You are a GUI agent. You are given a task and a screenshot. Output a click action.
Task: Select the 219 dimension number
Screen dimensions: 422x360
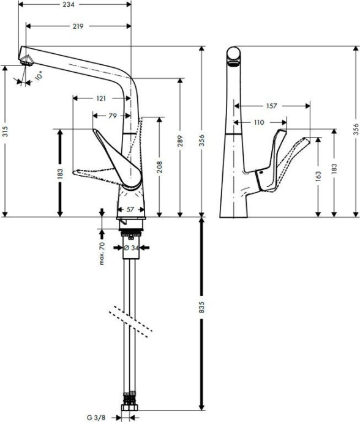point(77,26)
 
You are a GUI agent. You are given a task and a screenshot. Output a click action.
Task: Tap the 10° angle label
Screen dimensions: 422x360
point(39,77)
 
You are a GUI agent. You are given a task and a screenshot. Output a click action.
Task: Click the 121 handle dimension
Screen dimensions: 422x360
point(101,98)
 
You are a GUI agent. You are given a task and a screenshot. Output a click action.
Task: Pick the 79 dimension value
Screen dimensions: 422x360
point(112,115)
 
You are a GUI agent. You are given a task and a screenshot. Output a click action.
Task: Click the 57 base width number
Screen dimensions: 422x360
point(131,210)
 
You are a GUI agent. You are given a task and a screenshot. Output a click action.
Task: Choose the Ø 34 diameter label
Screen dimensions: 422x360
point(130,248)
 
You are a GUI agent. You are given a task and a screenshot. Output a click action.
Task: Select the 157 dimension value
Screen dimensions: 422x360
point(272,106)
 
